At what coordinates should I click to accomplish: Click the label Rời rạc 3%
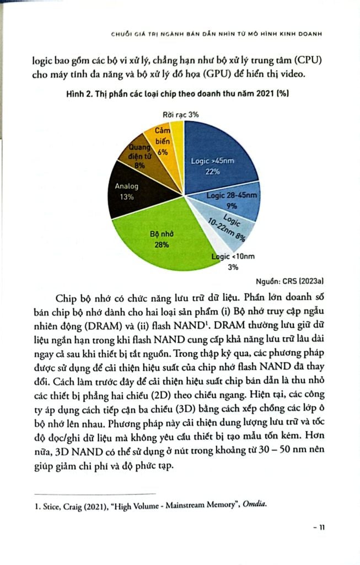[x=180, y=114]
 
